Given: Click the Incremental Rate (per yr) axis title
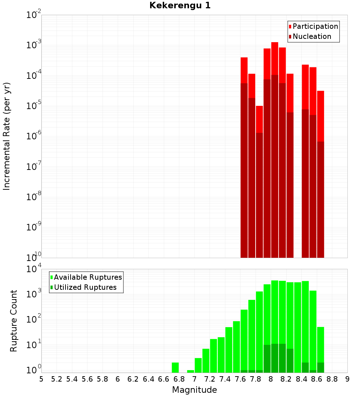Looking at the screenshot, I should pos(7,136).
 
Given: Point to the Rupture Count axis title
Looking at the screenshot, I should pos(14,321).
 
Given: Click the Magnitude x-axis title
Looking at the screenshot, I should pos(194,390).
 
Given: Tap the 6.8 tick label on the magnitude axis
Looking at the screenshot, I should pos(179,379).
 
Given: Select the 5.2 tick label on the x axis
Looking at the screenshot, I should pos(57,379).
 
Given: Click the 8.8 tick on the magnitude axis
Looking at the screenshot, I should pos(332,379).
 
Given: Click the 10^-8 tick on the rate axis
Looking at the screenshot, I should pos(34,197).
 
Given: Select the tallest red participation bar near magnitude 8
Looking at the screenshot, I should pos(275,58).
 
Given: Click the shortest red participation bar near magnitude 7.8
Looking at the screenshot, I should pos(259,119).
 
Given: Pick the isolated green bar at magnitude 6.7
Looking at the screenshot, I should pos(175,368).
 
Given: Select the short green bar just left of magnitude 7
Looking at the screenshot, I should pos(190,371).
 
